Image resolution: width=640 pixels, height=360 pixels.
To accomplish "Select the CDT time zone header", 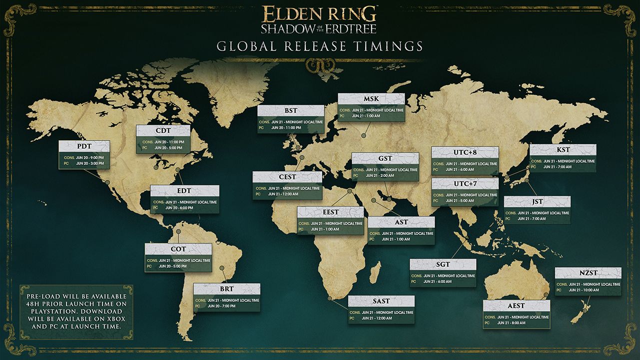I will [x=163, y=131].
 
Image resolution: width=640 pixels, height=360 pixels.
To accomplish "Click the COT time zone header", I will [x=178, y=249].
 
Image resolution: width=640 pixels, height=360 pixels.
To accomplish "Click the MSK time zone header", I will [x=371, y=99].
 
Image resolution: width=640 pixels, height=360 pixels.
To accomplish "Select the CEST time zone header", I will [x=287, y=177].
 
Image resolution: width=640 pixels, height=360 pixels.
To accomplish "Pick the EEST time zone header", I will [x=330, y=212].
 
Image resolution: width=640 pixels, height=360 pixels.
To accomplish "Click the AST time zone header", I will [x=401, y=222].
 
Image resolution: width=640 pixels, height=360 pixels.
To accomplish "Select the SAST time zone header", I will [x=381, y=301].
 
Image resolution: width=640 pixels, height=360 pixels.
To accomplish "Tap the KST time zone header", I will [x=563, y=150].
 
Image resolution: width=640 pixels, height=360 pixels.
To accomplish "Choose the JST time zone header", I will [x=537, y=202].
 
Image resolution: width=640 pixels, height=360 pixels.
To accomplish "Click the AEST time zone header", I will [x=517, y=306].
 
